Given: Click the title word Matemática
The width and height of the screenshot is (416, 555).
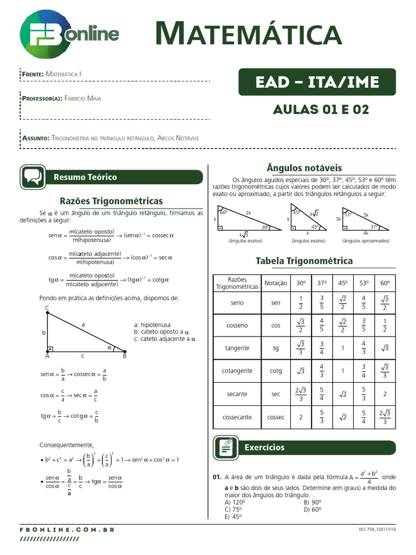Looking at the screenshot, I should (x=248, y=34).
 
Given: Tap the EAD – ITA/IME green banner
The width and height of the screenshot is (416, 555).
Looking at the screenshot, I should (x=317, y=82).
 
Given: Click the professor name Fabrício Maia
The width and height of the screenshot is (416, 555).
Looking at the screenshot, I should (x=82, y=98).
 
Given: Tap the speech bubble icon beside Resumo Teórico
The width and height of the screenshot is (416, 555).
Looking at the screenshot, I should (x=32, y=177).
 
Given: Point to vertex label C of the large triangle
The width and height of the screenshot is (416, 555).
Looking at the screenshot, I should (x=47, y=308).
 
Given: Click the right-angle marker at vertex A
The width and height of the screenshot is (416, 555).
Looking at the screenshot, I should (x=50, y=349).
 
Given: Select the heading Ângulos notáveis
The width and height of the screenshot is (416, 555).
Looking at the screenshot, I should (x=304, y=168).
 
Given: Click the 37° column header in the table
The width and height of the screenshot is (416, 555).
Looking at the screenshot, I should (x=322, y=283).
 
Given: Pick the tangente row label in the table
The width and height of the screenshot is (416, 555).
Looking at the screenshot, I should (x=237, y=349).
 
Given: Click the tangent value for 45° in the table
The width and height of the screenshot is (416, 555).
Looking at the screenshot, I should (x=342, y=349).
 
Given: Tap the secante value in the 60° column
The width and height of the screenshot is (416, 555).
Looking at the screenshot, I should (x=384, y=394).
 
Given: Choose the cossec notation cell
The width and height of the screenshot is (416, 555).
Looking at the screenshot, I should (x=276, y=417).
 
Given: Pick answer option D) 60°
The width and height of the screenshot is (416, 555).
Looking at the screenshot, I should (x=313, y=509).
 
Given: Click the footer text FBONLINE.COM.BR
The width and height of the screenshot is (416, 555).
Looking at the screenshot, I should (x=67, y=530).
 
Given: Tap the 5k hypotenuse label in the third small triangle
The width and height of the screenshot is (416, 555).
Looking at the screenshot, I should (x=366, y=215).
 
